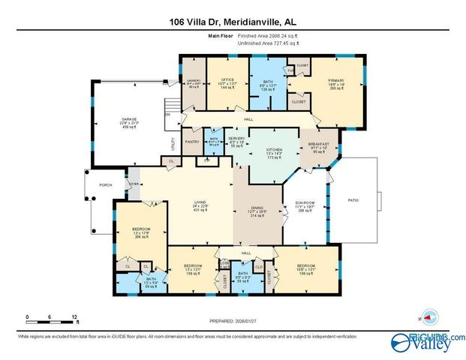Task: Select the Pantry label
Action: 191,140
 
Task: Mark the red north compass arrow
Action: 430,315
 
